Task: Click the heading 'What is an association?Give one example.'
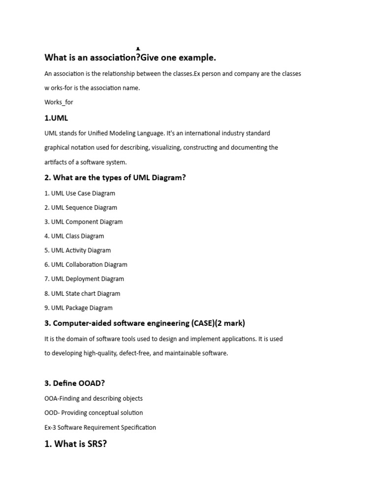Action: [130, 58]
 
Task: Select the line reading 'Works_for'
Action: [59, 102]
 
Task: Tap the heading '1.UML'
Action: [56, 118]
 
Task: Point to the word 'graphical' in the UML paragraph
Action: [59, 147]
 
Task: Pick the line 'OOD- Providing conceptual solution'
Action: [94, 413]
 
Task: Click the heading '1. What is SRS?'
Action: [75, 444]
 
